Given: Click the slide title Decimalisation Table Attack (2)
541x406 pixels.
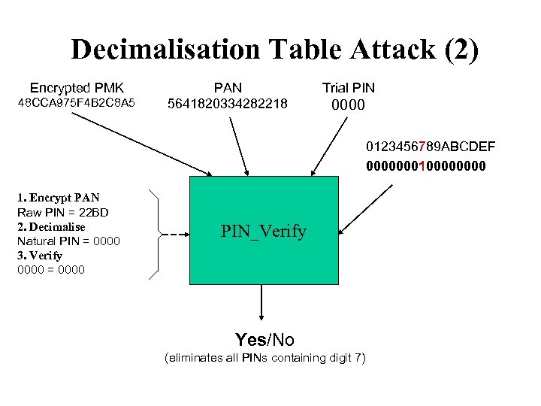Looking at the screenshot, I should click(x=274, y=50).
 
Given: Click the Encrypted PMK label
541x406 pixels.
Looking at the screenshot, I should click(x=77, y=88).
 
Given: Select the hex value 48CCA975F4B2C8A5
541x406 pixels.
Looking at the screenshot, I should click(x=77, y=102).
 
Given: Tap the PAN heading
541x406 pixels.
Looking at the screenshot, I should click(x=228, y=88).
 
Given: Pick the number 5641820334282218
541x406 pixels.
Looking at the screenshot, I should click(x=228, y=103).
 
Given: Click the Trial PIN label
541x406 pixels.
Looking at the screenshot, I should click(x=348, y=88).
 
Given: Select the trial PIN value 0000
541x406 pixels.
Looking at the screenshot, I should click(x=348, y=105).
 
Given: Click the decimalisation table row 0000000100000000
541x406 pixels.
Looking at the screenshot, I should click(x=425, y=165).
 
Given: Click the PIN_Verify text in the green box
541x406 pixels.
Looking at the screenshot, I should click(x=263, y=232).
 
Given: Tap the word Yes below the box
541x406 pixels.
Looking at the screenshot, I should click(x=250, y=340).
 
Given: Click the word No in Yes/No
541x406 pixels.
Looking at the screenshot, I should click(x=283, y=340).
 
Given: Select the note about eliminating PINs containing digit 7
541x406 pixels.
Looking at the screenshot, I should click(x=264, y=358).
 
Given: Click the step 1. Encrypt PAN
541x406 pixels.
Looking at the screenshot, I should click(x=58, y=198).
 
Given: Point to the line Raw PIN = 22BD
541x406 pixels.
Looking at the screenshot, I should click(x=62, y=213).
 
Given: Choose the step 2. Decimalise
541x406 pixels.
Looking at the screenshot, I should click(x=51, y=227).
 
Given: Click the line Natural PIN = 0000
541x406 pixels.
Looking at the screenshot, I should click(x=68, y=241).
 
